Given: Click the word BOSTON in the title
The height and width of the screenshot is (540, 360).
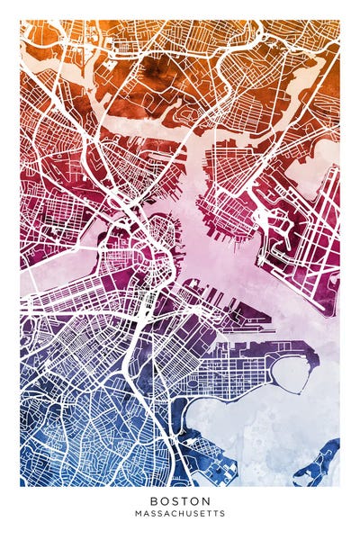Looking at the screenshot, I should pos(180,500).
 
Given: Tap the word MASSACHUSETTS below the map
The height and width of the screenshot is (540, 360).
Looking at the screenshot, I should pos(180,514).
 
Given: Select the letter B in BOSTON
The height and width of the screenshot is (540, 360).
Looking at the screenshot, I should pos(153,500).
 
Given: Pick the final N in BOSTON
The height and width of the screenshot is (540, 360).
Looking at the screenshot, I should pos(206,500).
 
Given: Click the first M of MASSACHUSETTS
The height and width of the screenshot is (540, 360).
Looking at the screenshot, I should pos(138,514).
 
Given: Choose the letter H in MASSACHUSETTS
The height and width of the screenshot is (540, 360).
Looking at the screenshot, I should pos(180,514).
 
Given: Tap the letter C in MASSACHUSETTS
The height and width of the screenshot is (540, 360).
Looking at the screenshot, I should pos(172,514).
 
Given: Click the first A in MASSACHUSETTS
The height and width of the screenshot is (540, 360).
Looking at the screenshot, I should pos(145,514).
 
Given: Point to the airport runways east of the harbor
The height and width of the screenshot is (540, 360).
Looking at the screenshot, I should pos(297,225).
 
